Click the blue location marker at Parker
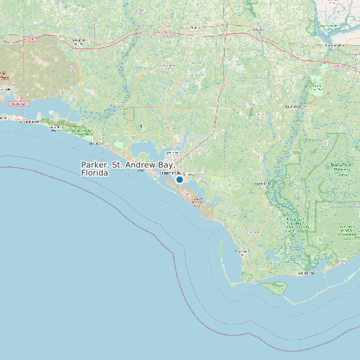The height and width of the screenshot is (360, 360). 179,179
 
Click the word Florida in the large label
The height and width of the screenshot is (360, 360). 94,173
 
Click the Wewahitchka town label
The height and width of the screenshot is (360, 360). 252,232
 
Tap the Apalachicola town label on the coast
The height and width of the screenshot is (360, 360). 306,272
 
